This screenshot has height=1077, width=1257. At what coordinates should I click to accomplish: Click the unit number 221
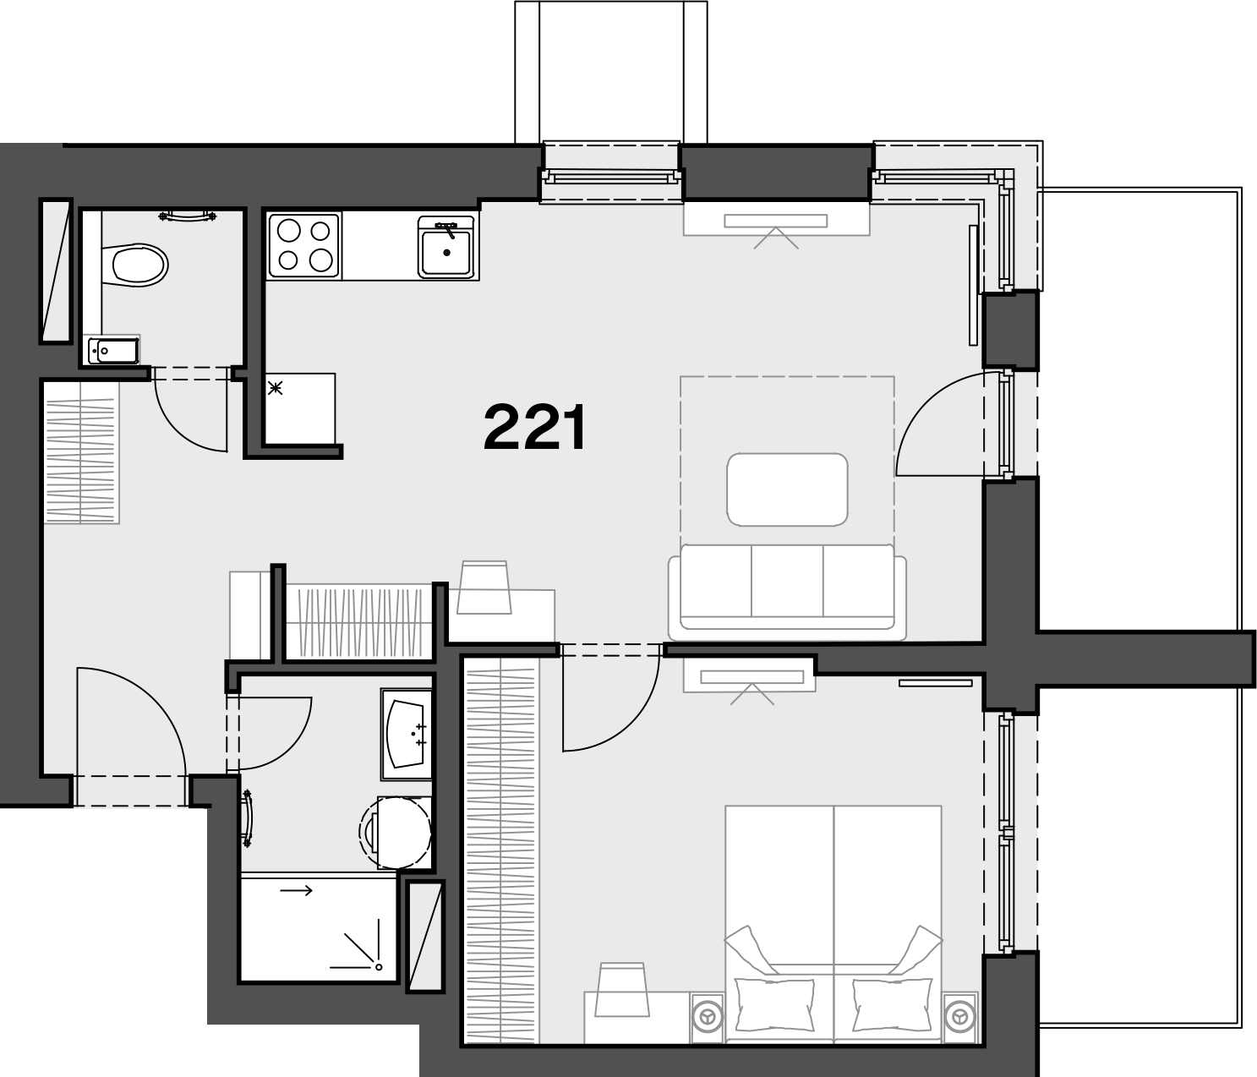[535, 428]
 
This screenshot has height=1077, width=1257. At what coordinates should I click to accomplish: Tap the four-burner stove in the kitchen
[303, 246]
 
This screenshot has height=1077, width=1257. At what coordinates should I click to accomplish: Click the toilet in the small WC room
[135, 265]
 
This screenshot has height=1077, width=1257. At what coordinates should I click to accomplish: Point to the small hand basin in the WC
[114, 351]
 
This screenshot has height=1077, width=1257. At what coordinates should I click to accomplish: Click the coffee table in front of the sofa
[787, 489]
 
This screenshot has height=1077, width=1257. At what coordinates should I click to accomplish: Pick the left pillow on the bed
[774, 1004]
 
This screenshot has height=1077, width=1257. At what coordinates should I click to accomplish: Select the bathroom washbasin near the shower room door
[406, 734]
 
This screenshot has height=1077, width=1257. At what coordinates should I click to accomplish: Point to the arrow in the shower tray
[296, 891]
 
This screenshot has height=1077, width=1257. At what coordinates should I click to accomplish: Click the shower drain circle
[378, 967]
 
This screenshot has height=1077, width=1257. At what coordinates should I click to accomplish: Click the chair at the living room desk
[484, 587]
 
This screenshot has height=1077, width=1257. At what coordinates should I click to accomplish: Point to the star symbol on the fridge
[276, 387]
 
